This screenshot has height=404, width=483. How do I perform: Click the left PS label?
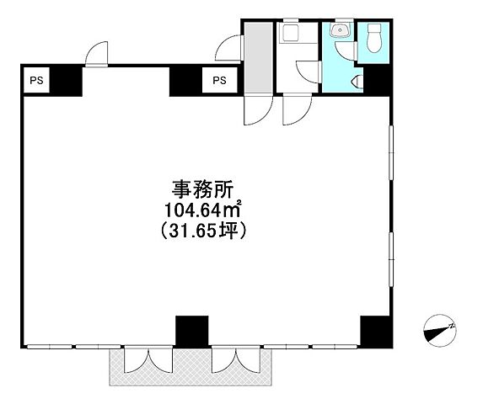(38, 81)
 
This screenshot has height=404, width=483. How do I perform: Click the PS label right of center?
(219, 81)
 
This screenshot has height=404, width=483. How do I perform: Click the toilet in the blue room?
(374, 37)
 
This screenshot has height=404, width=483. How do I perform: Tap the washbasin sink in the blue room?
(341, 33)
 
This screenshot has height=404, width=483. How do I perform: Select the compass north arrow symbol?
(439, 329)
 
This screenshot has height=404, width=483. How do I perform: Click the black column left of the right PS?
(184, 81)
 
